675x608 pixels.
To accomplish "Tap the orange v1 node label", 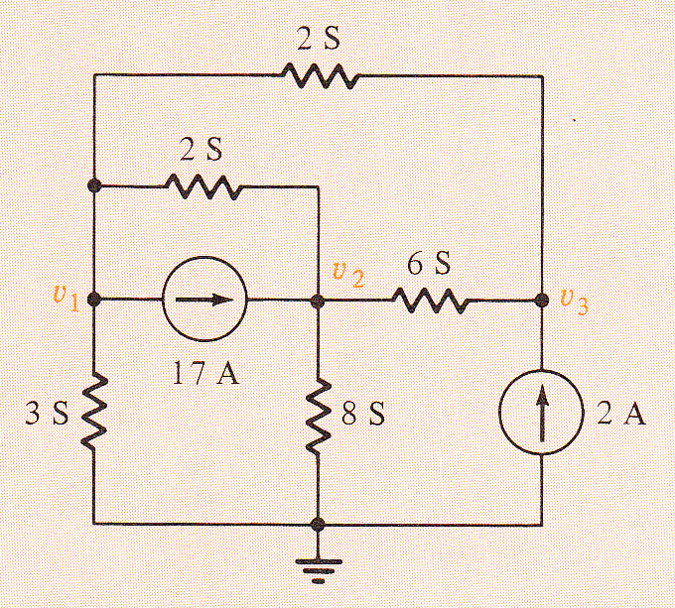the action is (66, 298).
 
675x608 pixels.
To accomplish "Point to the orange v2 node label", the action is (348, 275).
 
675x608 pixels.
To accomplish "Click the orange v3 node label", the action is (574, 303).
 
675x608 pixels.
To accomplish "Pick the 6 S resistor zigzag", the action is (430, 301).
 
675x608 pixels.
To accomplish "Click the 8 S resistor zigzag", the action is (318, 417).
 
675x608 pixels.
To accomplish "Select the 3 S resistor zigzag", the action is (93, 413).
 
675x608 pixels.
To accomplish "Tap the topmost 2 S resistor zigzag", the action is (320, 75).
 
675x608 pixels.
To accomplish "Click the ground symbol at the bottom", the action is (318, 571).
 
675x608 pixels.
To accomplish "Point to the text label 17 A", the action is (205, 372).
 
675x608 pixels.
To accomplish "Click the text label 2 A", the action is (621, 414).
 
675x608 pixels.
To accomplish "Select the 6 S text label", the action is (429, 263).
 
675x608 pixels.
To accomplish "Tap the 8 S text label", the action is (363, 414).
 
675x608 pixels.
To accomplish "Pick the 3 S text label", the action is (47, 414).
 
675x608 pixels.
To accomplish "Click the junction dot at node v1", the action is (94, 300).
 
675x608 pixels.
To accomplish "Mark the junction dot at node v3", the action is (542, 300).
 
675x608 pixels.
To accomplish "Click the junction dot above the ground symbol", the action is (318, 524).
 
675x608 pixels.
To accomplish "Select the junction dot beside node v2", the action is (318, 301).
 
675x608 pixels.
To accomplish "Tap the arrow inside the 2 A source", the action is (542, 412).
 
